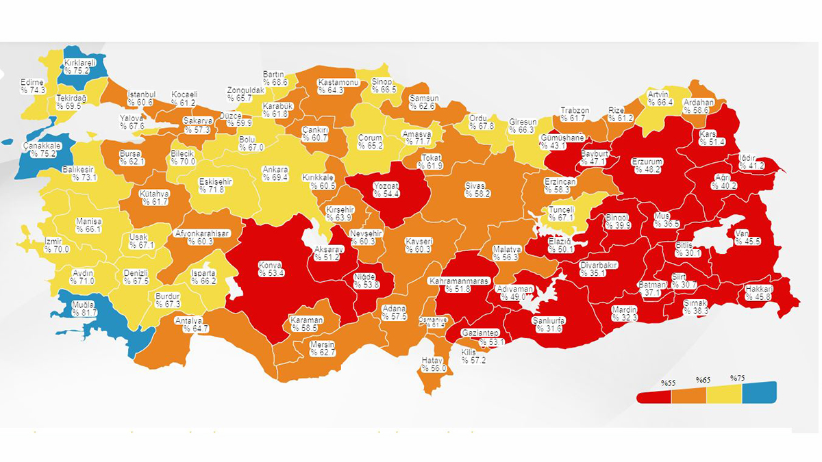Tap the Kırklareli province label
(x=77, y=66)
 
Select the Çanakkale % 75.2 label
(x=39, y=149)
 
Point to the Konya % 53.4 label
(x=271, y=268)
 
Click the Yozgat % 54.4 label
(x=386, y=190)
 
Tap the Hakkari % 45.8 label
(x=759, y=292)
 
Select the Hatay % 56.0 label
(x=434, y=364)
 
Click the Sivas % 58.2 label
(x=475, y=190)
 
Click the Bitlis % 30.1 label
(x=688, y=248)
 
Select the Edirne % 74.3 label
(x=33, y=86)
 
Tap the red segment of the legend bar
(x=653, y=396)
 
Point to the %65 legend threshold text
(x=703, y=380)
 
